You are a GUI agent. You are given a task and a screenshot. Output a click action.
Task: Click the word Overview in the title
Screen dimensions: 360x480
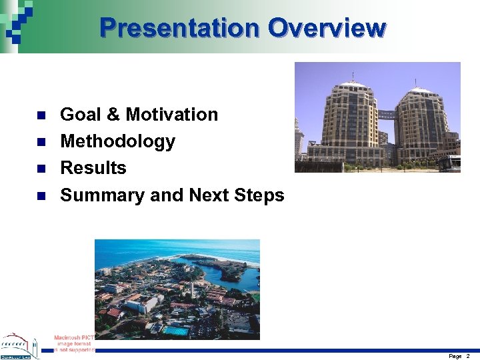pos(327,28)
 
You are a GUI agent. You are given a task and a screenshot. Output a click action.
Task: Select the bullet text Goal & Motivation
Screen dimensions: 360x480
pos(139,115)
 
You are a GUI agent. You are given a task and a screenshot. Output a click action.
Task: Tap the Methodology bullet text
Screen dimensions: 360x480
pos(117,141)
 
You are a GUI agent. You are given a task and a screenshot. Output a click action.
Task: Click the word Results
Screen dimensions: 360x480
pos(93,168)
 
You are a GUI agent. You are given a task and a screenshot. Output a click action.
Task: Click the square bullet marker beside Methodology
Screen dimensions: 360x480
pos(41,142)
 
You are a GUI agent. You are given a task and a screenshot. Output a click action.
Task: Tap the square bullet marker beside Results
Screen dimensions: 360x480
pos(41,169)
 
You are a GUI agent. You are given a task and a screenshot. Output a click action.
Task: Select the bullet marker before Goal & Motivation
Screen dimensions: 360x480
pos(41,115)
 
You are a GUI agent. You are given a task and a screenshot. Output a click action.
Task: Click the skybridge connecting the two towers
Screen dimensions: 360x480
pos(386,114)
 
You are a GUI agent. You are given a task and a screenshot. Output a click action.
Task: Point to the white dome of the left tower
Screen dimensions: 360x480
pos(353,85)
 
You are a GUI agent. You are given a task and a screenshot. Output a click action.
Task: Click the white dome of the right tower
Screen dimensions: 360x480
pos(420,89)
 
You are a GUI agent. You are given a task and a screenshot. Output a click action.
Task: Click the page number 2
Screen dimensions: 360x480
pos(468,356)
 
